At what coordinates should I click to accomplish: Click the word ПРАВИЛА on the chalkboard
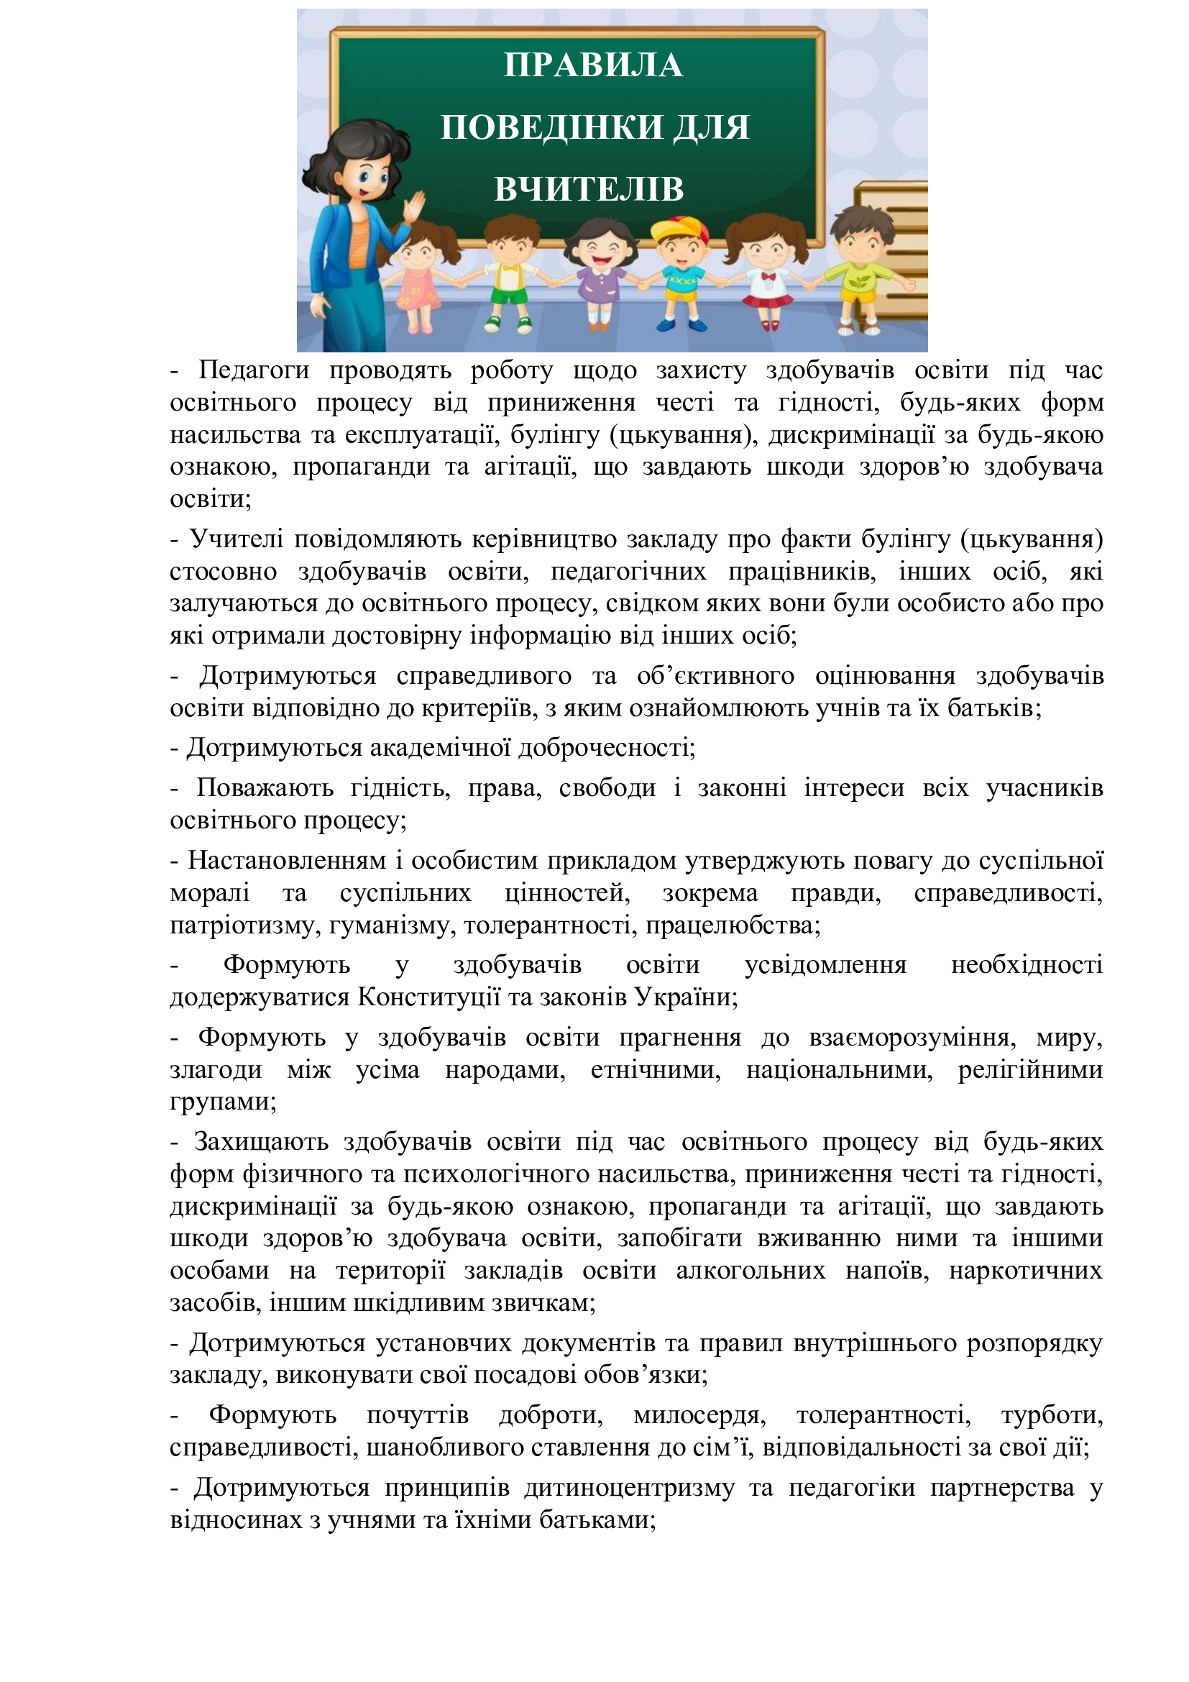[593, 65]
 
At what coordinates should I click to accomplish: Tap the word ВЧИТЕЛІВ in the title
[589, 189]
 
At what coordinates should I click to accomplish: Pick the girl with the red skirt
[766, 275]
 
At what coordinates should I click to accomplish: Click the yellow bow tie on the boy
[508, 268]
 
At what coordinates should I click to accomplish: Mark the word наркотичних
[1026, 1269]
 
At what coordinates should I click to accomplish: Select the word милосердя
[700, 1414]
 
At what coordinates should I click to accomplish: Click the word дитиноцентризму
[630, 1488]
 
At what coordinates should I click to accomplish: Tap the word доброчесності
[607, 747]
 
